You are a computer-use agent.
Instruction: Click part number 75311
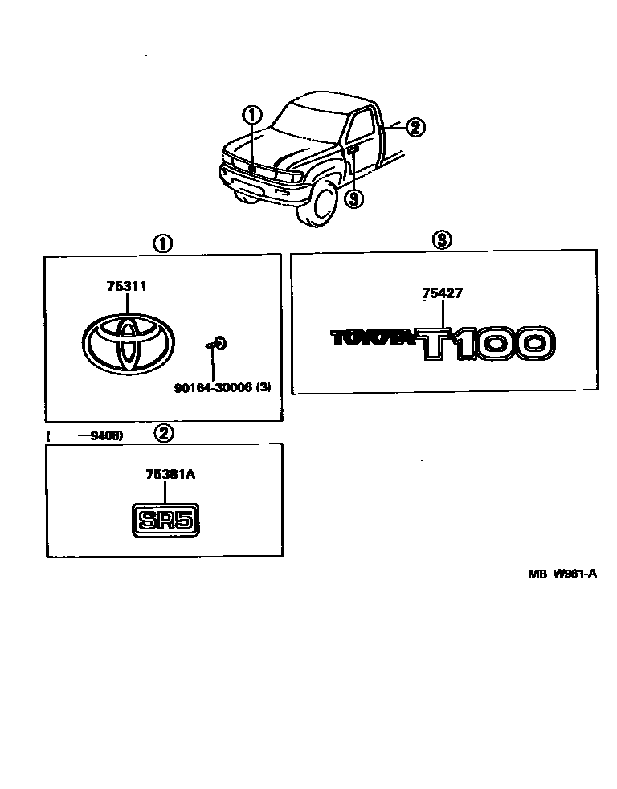tap(125, 286)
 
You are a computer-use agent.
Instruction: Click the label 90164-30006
tap(214, 387)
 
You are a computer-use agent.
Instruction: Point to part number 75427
tap(442, 294)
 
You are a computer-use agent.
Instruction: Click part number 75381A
tap(170, 475)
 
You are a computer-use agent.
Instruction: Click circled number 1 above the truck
tap(253, 115)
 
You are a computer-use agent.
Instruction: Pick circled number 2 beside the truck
tap(415, 126)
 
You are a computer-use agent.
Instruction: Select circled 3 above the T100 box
tap(442, 239)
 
